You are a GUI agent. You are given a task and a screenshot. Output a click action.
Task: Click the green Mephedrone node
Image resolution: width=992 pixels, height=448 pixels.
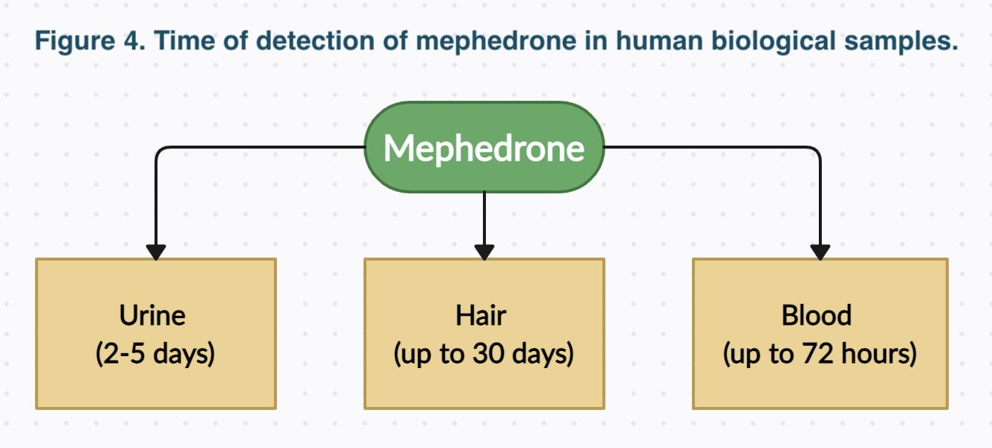coord(484,147)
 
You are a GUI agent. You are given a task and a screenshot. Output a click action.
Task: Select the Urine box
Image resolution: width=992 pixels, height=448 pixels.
coord(156,334)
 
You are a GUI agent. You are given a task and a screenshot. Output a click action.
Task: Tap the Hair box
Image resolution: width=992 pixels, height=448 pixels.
coord(484,334)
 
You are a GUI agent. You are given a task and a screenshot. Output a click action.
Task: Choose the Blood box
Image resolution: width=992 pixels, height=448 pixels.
coord(820,334)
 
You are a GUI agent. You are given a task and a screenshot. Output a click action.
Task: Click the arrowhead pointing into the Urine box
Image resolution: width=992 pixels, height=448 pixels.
coord(156,252)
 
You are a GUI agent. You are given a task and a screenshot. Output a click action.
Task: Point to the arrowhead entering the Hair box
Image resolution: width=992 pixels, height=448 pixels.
coord(484,252)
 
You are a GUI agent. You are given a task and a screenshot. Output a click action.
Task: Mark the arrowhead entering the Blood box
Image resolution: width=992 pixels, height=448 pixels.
coord(820,252)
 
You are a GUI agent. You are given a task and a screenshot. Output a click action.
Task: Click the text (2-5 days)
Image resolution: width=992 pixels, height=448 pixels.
coord(155,354)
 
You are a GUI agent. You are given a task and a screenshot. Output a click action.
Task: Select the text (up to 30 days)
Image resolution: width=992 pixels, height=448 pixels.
coord(484,354)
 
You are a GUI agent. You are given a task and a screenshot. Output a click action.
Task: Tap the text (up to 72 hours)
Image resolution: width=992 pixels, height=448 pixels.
coord(820,354)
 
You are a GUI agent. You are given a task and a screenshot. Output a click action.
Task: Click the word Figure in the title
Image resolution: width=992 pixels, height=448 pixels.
coord(75,41)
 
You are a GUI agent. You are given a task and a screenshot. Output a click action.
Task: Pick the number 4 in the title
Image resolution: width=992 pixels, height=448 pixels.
coord(134,41)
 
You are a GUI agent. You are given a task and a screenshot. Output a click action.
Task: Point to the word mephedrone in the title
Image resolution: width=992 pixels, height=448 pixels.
coord(496,41)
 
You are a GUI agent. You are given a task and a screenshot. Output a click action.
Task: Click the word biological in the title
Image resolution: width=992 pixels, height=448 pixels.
coord(774,41)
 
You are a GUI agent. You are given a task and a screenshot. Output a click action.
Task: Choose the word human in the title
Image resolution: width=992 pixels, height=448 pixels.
coord(659,41)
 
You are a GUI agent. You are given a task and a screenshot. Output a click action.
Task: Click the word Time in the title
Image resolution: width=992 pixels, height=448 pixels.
coord(184,41)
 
